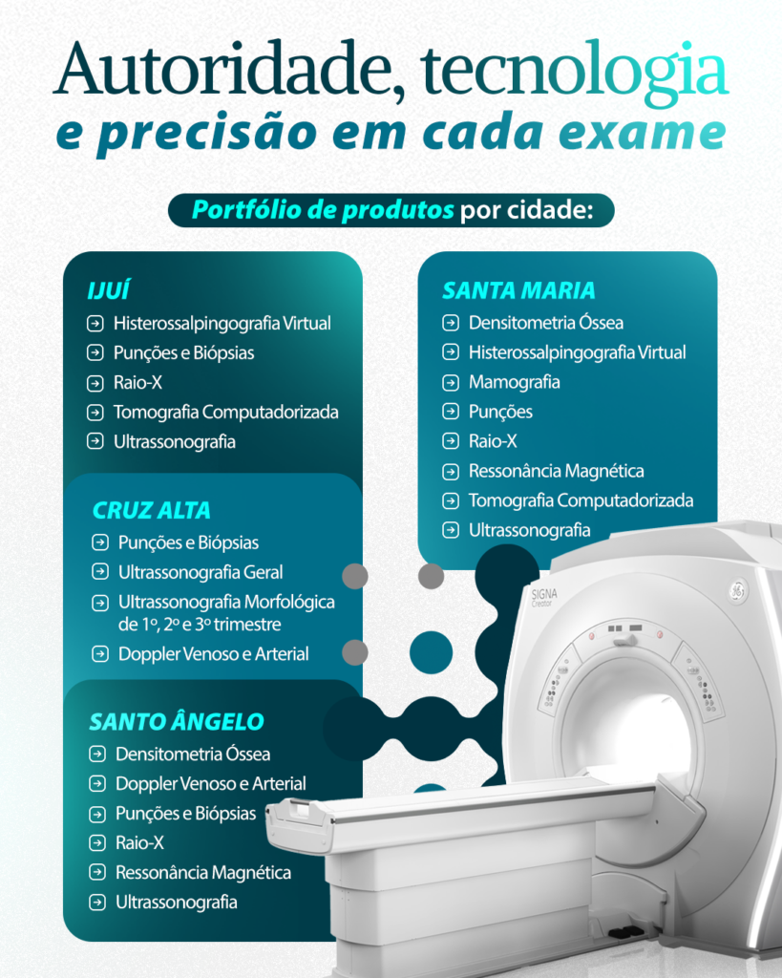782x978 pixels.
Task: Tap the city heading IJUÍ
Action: point(109,290)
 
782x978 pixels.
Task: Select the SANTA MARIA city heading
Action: point(518,290)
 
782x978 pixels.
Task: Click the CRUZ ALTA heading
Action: point(152,510)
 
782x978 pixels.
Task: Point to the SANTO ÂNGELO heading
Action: point(177,722)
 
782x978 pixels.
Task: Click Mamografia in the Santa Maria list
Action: point(514,382)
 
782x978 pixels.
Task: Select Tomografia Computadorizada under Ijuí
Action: point(225,413)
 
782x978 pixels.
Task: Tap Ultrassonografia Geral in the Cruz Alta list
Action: point(201,572)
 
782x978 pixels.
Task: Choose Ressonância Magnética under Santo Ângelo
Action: point(203,873)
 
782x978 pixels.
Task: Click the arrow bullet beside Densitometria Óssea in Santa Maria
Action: point(451,323)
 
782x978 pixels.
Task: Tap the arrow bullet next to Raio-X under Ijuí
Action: point(95,383)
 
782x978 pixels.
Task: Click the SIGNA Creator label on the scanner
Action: point(544,598)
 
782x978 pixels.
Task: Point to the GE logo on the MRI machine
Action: point(738,590)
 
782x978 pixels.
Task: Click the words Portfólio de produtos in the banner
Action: point(323,210)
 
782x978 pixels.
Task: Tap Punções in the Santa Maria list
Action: point(500,413)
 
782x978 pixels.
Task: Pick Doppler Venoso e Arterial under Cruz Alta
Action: point(213,653)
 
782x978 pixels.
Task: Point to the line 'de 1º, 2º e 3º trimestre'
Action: point(200,625)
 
